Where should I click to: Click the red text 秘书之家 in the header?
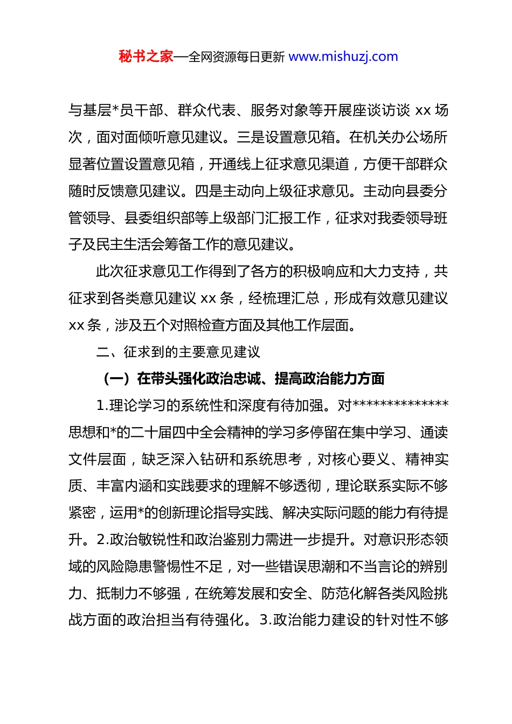point(146,57)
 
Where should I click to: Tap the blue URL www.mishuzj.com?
point(343,57)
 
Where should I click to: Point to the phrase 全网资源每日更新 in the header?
point(237,57)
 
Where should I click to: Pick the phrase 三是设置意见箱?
point(286,137)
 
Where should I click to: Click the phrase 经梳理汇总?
point(284,298)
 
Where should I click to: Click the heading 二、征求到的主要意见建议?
point(178,352)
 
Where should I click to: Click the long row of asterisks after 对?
point(400,405)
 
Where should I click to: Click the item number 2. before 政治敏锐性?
point(103,540)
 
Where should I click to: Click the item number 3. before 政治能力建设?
point(266,620)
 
